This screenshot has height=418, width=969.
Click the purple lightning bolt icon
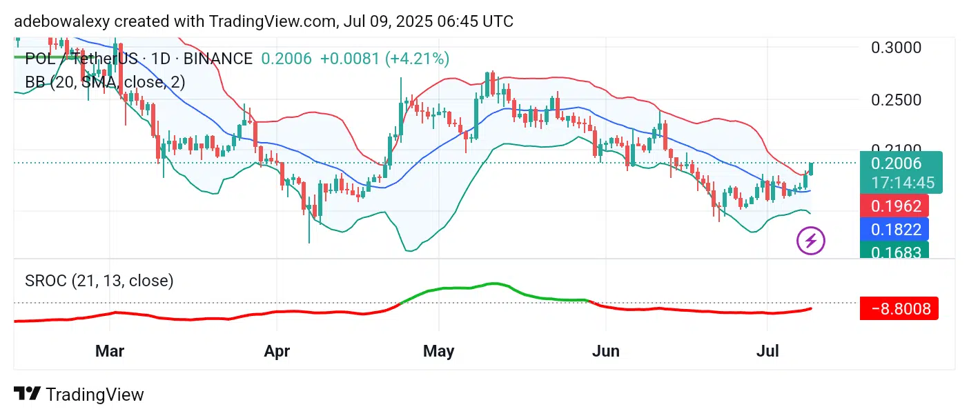[x=811, y=240]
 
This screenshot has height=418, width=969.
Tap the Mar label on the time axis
[x=110, y=351]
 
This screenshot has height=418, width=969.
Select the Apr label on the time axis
[x=277, y=351]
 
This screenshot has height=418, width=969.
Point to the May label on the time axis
[x=439, y=351]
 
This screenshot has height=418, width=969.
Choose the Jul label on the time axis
[x=767, y=351]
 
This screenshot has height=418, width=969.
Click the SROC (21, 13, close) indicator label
[x=99, y=281]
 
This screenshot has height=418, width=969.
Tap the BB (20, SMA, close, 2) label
[x=105, y=83]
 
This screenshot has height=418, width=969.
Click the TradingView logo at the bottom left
[x=79, y=395]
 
